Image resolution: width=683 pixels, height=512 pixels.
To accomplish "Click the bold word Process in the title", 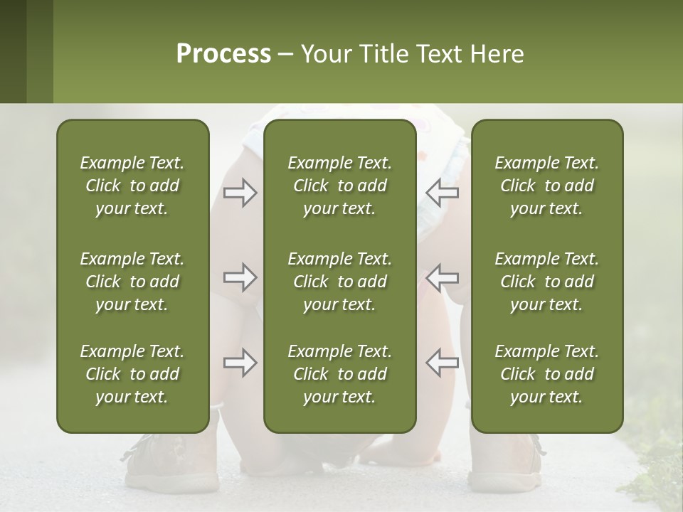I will coord(223,54).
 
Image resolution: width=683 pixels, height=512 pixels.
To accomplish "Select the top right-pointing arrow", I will coord(240,193).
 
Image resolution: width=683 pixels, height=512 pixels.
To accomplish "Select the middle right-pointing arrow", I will coord(240,277).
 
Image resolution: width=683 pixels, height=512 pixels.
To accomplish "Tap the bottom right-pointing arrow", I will coord(240,363).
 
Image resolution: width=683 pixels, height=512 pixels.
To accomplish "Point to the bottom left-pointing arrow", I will coord(443,363).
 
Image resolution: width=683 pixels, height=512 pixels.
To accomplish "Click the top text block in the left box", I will coord(132,186).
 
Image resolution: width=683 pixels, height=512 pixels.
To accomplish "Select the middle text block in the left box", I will coord(132,282).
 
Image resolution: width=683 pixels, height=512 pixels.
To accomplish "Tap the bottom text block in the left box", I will coord(132,374).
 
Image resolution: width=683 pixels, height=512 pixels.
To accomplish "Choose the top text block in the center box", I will coord(340,186).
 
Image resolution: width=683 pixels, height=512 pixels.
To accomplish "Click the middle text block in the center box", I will coord(340,282).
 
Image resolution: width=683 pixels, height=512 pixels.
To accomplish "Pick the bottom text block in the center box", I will coord(340,374).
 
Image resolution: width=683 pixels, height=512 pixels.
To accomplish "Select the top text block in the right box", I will coord(547,186).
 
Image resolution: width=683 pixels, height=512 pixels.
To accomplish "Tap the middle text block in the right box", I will coord(547,282).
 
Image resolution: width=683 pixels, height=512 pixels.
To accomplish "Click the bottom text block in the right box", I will coord(547,374).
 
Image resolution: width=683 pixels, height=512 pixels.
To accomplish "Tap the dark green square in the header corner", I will coord(13,51).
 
